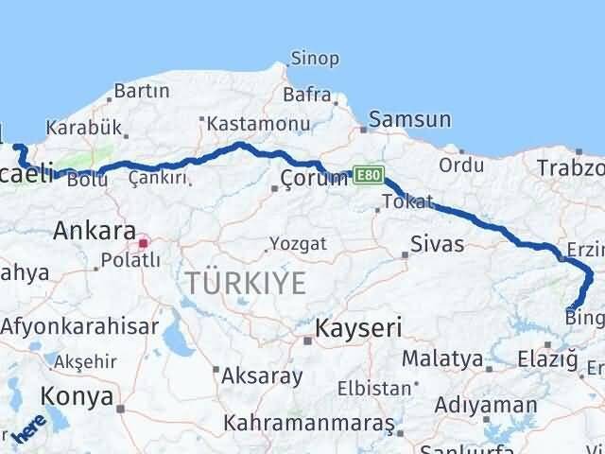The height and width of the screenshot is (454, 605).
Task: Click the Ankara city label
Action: pyautogui.click(x=94, y=230)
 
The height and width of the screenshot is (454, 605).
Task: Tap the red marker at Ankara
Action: pyautogui.click(x=143, y=243)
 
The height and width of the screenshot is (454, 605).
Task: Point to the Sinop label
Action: pyautogui.click(x=315, y=59)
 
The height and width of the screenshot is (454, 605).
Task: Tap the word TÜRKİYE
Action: pyautogui.click(x=245, y=282)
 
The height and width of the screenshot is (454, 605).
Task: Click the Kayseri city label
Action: pyautogui.click(x=358, y=329)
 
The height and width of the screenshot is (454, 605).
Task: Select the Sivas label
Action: pyautogui.click(x=436, y=244)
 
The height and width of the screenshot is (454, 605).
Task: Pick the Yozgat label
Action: pyautogui.click(x=298, y=244)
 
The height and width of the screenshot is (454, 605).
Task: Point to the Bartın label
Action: pyautogui.click(x=141, y=92)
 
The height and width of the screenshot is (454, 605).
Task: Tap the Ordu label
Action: pyautogui.click(x=461, y=165)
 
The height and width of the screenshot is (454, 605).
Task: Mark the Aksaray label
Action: pyautogui.click(x=261, y=375)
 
